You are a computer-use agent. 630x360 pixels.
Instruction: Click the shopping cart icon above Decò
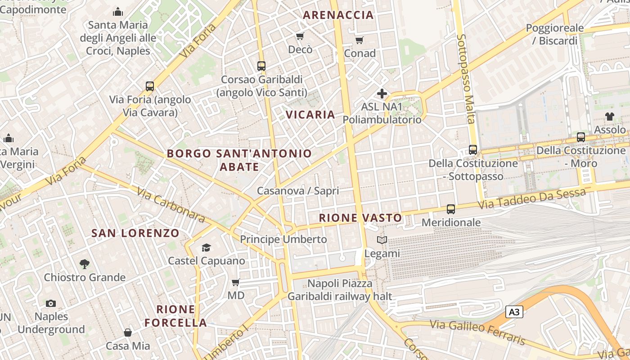pyautogui.click(x=300, y=36)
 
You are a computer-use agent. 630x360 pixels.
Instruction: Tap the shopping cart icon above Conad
pyautogui.click(x=359, y=40)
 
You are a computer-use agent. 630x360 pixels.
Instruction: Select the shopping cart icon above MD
pyautogui.click(x=235, y=283)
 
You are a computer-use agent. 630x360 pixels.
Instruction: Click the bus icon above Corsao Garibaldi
pyautogui.click(x=261, y=66)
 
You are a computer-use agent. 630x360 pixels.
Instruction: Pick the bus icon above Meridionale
pyautogui.click(x=451, y=209)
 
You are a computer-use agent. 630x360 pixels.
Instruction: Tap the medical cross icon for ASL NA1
pyautogui.click(x=382, y=94)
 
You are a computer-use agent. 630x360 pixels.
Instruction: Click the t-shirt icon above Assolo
pyautogui.click(x=610, y=117)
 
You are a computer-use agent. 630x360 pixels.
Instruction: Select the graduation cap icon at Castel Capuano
pyautogui.click(x=206, y=247)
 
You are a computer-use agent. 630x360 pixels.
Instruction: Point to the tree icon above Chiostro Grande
pyautogui.click(x=84, y=264)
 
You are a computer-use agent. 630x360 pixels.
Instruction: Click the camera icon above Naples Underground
pyautogui.click(x=51, y=303)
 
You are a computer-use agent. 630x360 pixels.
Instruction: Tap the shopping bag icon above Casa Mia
pyautogui.click(x=128, y=333)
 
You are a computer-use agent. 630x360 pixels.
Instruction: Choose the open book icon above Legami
pyautogui.click(x=382, y=240)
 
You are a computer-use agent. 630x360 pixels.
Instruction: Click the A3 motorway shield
pyautogui.click(x=514, y=312)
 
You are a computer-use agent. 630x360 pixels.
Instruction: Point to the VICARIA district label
pyautogui.click(x=310, y=115)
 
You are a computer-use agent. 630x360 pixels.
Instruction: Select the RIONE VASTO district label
pyautogui.click(x=360, y=218)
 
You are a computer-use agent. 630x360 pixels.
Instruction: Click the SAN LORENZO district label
pyautogui.click(x=135, y=233)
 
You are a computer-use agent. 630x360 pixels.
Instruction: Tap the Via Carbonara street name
pyautogui.click(x=171, y=206)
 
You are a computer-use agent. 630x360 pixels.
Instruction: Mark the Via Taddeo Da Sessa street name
pyautogui.click(x=532, y=198)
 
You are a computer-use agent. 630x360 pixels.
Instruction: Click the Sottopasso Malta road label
pyautogui.click(x=465, y=79)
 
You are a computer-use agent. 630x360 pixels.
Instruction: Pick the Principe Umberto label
pyautogui.click(x=283, y=239)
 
